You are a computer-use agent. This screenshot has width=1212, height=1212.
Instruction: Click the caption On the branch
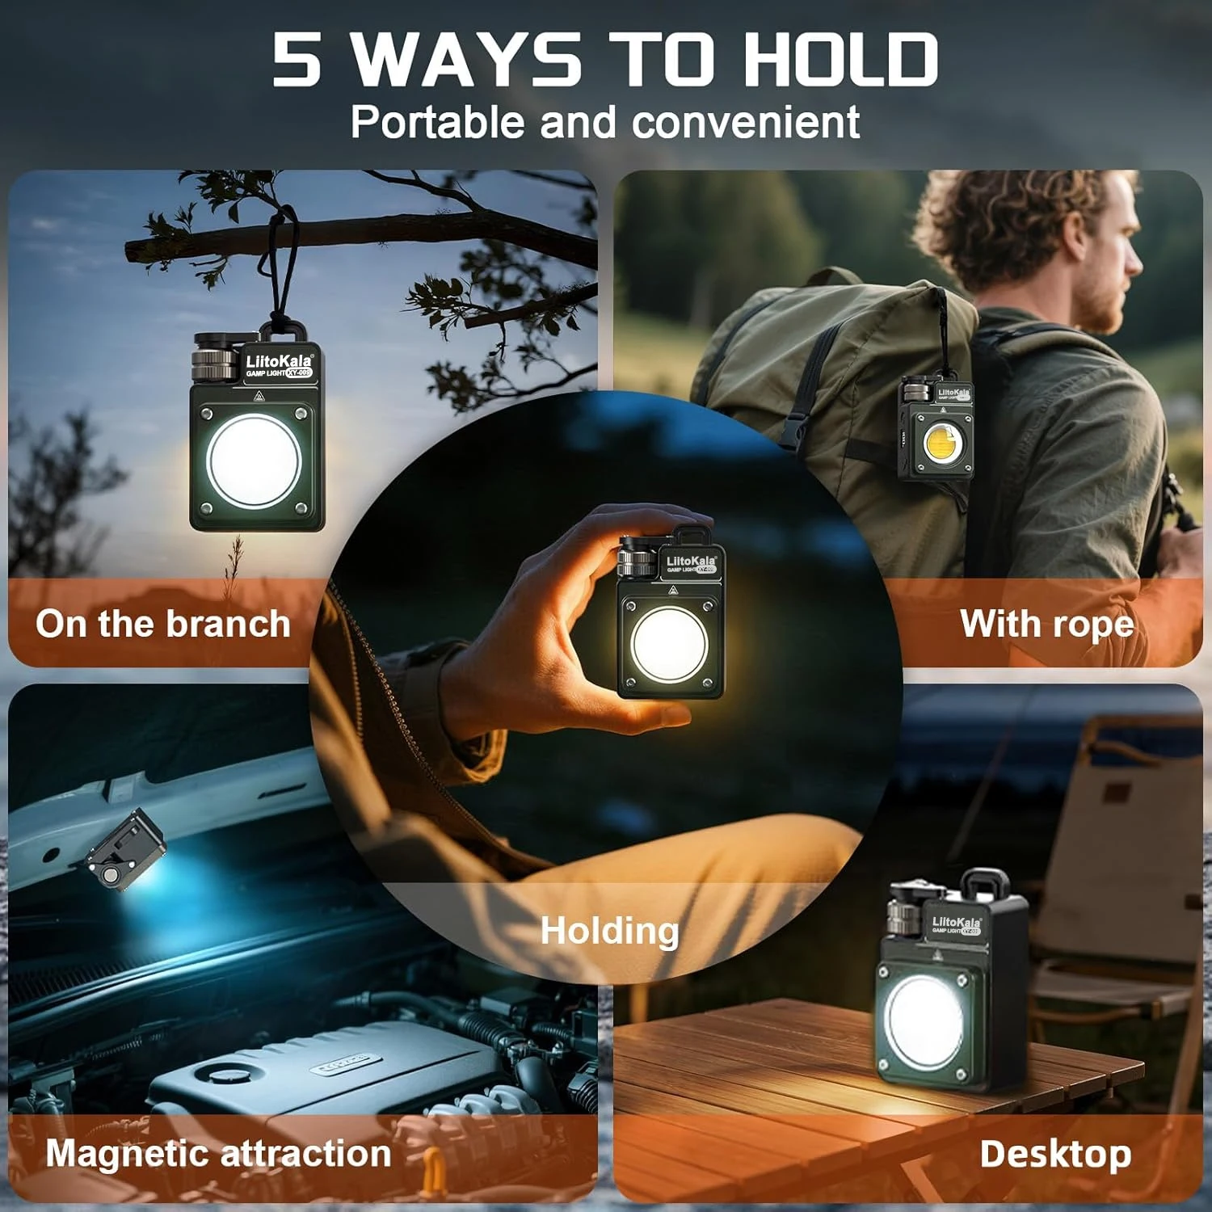point(162,624)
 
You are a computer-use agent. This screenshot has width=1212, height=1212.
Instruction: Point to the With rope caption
point(1046,624)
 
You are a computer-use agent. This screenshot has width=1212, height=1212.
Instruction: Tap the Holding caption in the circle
point(609,930)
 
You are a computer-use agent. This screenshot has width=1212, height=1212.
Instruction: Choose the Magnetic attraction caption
point(218,1153)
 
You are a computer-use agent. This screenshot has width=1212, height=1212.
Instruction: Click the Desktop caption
point(1054,1154)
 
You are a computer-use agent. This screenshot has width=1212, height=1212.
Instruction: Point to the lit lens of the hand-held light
point(669,644)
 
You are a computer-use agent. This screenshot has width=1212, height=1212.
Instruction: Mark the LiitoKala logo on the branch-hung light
point(278,361)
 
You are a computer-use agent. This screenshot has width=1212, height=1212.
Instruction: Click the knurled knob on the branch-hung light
point(213,360)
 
